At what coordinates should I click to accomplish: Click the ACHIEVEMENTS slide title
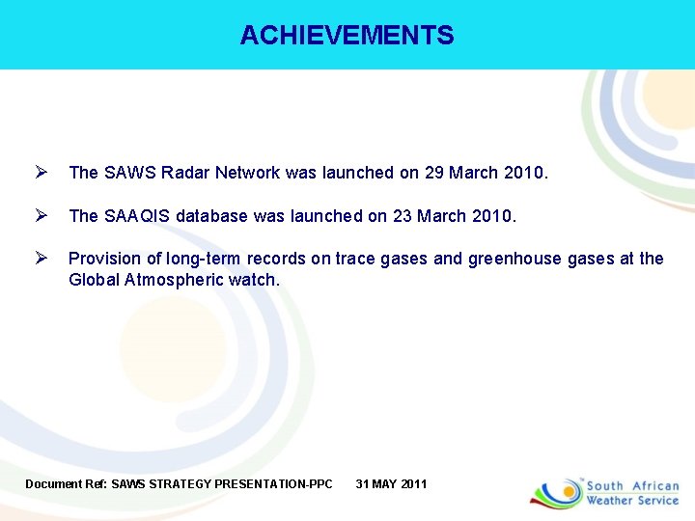347,36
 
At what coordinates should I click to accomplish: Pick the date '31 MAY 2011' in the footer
391,483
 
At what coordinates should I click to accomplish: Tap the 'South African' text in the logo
633,486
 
